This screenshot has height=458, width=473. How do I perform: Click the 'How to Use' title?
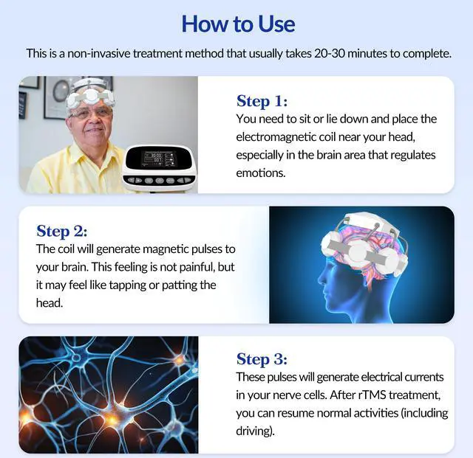238,24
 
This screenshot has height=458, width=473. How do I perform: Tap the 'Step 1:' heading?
262,101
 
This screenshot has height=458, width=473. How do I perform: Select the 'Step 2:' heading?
62,230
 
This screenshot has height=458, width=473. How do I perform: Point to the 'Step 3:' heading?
262,359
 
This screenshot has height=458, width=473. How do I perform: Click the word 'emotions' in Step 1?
260,173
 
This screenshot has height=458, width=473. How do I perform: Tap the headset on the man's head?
90,92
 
